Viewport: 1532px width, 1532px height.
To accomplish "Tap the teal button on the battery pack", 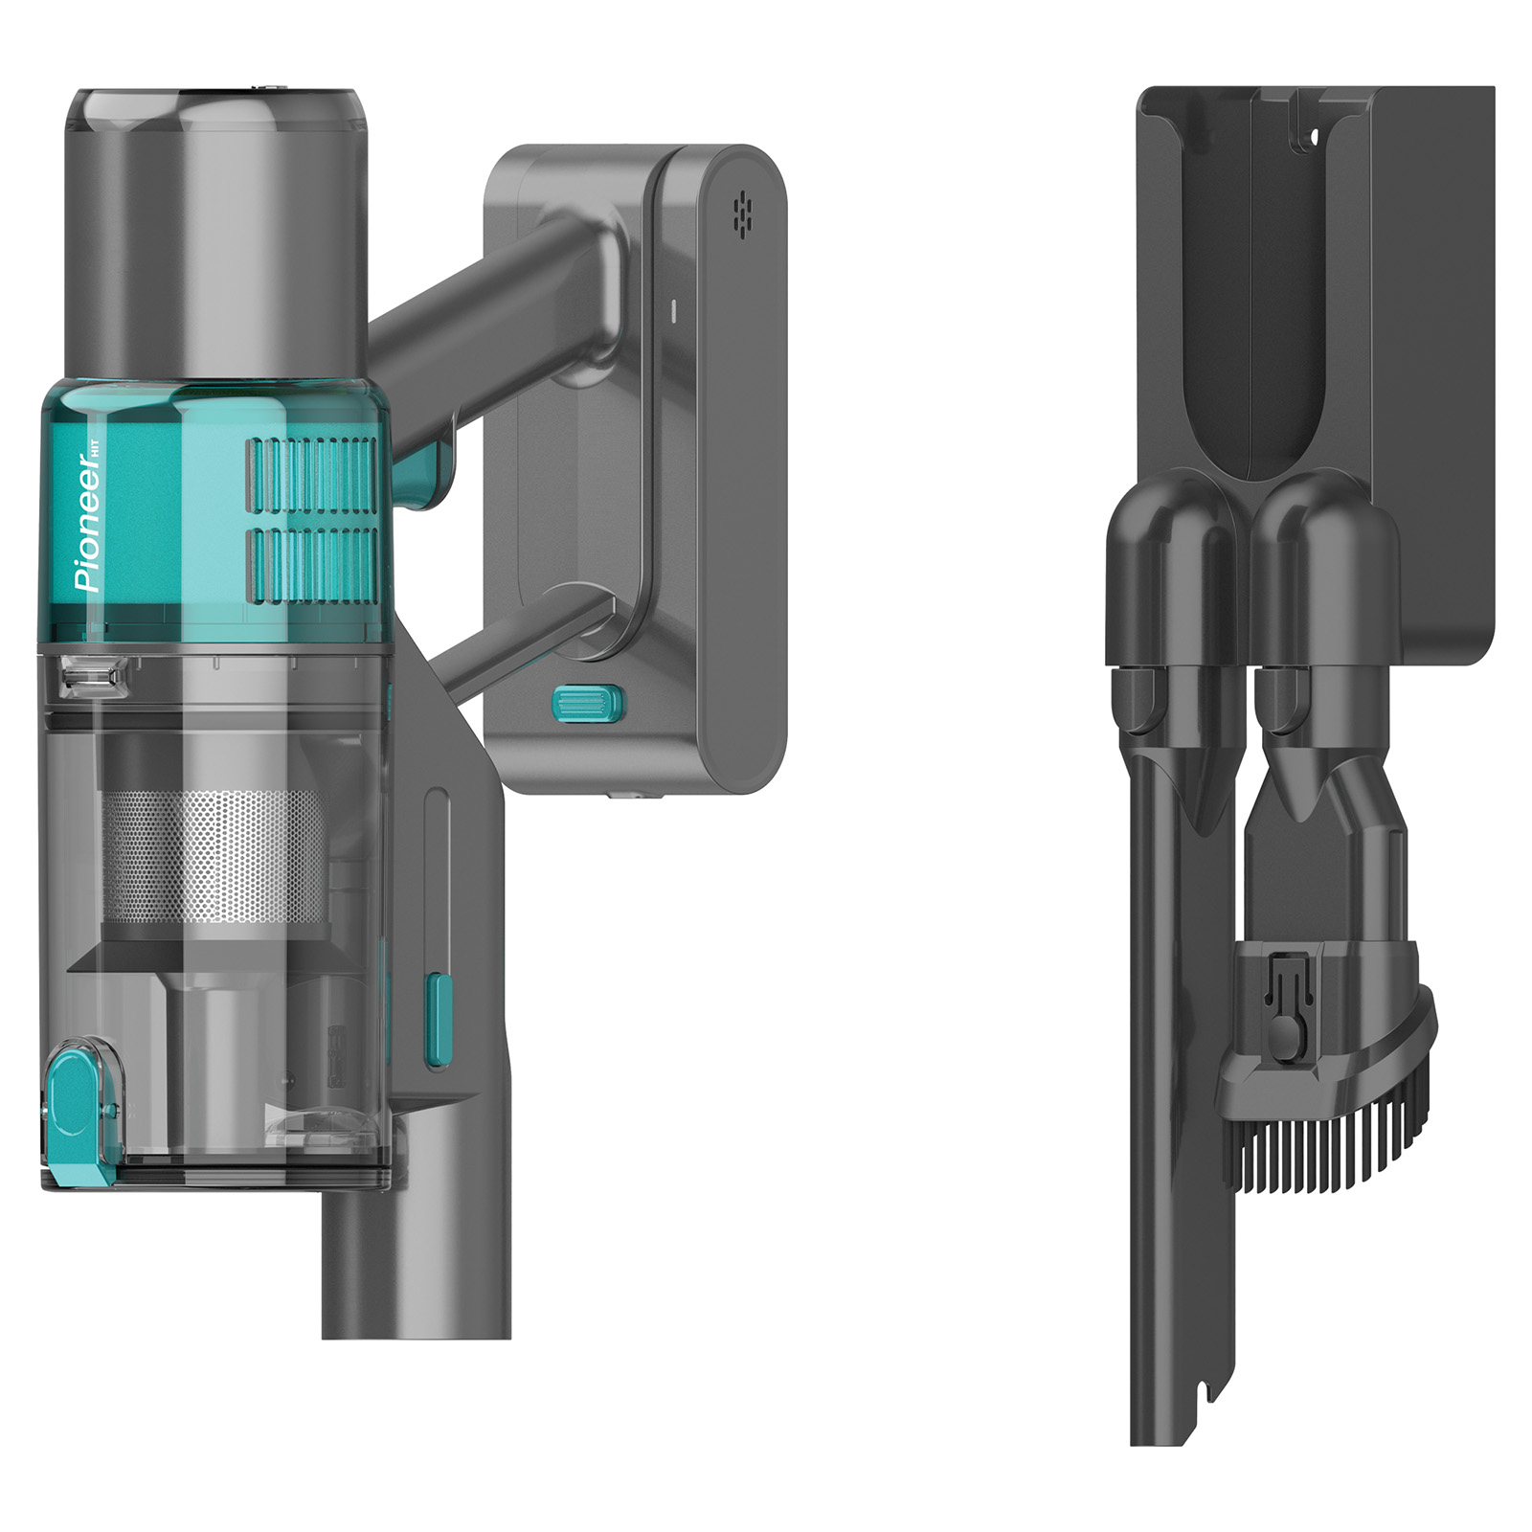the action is tap(588, 704).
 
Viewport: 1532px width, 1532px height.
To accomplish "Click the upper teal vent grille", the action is tap(312, 475).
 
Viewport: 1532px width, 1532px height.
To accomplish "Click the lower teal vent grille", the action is tap(312, 566).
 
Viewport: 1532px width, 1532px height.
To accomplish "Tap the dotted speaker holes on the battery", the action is tap(742, 214).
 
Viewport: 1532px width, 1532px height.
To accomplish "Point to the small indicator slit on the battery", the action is tap(673, 310).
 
